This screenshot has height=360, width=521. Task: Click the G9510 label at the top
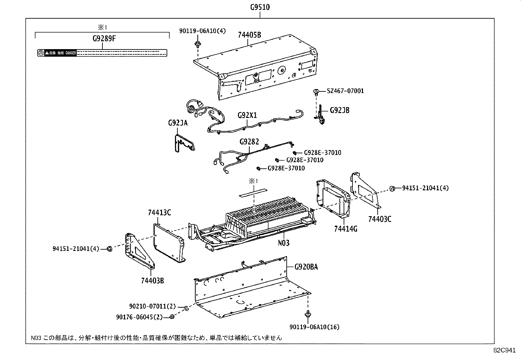pos(260,7)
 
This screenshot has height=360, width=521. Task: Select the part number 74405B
pos(250,35)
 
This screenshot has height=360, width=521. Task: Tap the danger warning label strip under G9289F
pos(102,53)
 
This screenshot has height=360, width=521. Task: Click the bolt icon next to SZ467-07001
pos(316,92)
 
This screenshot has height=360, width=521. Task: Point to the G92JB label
pos(339,110)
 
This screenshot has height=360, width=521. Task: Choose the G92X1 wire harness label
pos(247,116)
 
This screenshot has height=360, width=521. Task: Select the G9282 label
pos(249,142)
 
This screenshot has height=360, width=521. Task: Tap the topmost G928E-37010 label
pos(322,153)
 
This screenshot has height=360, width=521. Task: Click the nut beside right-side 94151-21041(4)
pos(392,188)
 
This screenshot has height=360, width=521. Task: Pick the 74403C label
pos(380,219)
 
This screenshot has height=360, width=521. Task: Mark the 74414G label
pos(346,229)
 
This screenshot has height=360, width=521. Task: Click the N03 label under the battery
pos(284,243)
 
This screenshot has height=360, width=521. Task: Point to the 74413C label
pos(159,213)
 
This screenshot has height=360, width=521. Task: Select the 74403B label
pos(153,280)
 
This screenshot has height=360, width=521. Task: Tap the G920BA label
pos(306,267)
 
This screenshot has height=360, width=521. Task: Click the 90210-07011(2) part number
pos(153,307)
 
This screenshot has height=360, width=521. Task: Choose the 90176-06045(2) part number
pos(139,317)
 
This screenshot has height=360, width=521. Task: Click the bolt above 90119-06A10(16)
pos(308,314)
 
